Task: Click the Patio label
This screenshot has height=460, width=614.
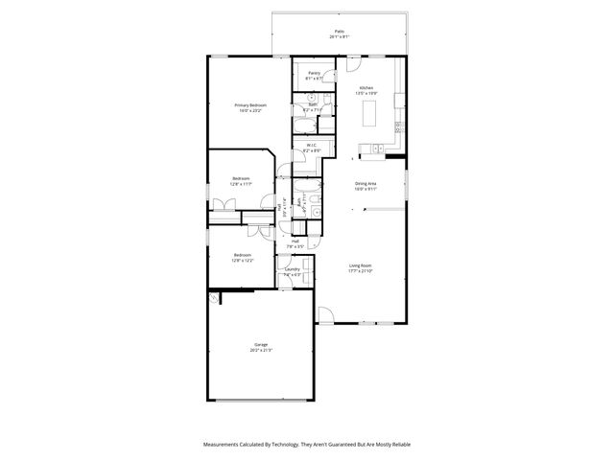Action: point(339,32)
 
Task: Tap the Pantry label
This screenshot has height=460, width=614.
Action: point(314,73)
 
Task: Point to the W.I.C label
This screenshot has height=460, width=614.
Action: point(312,146)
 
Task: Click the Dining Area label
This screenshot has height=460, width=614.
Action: point(366,183)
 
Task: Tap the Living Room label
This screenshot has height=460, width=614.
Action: point(360,265)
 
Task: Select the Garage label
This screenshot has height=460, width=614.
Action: point(261,344)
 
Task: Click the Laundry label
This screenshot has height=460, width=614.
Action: point(293,269)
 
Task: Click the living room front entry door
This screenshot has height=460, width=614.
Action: point(325,314)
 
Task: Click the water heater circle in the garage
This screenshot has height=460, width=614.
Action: point(215,298)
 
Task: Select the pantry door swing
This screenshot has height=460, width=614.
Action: point(328,77)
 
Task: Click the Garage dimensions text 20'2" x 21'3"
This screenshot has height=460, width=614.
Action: point(261,350)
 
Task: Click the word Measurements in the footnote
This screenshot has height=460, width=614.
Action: point(224,445)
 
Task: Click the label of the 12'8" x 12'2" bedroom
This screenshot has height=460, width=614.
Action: point(243,255)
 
